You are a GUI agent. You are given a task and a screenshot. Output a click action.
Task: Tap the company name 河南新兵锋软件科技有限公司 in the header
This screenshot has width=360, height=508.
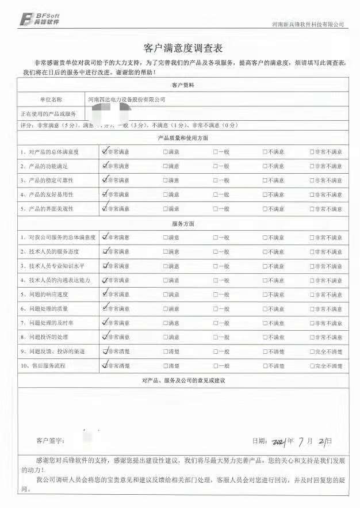click(x=308, y=24)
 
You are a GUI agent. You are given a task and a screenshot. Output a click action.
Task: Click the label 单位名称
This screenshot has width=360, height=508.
click(x=51, y=100)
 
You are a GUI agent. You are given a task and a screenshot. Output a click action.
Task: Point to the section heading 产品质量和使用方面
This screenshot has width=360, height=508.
click(x=183, y=138)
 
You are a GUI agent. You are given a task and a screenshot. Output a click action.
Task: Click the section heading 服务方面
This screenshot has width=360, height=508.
click(x=183, y=223)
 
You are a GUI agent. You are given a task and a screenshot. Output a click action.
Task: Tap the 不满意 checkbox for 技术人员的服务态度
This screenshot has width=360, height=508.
click(x=265, y=251)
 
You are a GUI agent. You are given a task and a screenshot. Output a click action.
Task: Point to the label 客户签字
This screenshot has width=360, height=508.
click(x=50, y=441)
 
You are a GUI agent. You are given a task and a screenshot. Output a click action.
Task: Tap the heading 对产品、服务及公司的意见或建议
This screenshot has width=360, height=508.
click(x=183, y=380)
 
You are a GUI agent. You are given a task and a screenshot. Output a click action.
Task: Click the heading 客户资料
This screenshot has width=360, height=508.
click(x=183, y=85)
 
